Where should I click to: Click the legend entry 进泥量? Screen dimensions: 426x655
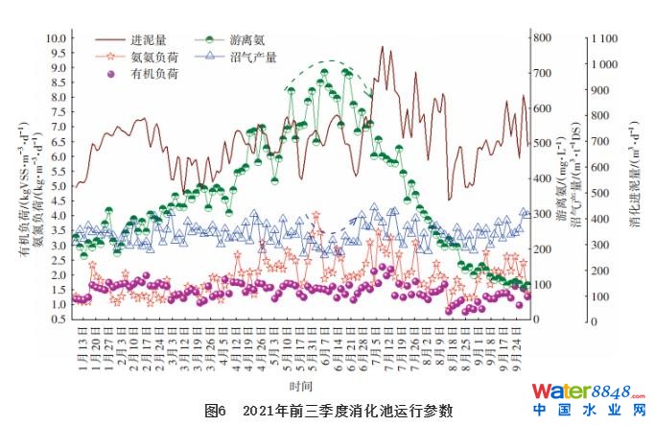(152, 41)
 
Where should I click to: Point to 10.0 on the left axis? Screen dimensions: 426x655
(57, 38)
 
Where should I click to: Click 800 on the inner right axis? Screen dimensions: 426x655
(543, 37)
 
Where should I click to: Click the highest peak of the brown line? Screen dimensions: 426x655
(382, 47)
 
